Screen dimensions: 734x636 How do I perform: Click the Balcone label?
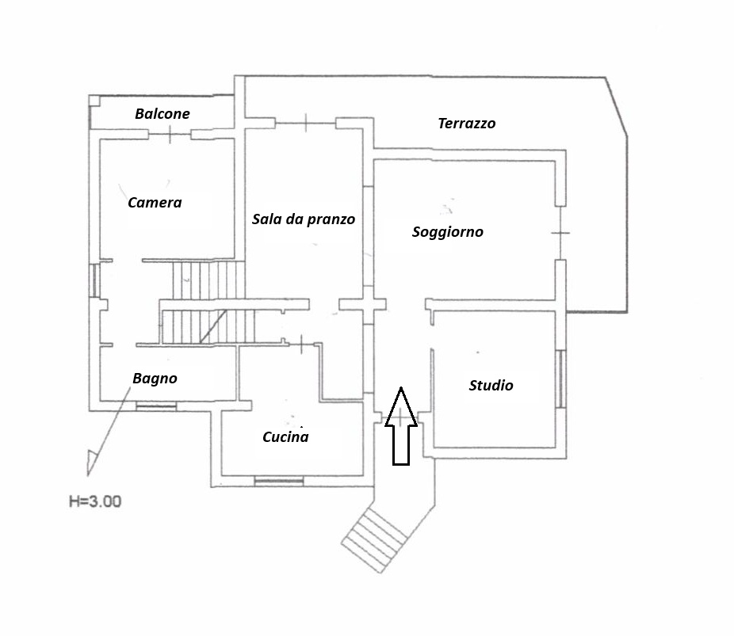click(162, 113)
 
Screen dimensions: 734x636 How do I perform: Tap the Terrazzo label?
click(467, 124)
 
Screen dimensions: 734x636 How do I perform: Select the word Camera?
click(155, 203)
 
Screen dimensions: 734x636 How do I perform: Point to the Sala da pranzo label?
click(304, 219)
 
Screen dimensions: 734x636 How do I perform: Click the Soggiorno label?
click(448, 232)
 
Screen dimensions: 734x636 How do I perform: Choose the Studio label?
click(491, 386)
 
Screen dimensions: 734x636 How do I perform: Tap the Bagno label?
click(155, 379)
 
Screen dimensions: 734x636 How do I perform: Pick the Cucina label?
click(285, 436)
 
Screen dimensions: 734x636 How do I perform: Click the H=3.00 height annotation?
click(95, 502)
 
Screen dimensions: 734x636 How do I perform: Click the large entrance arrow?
click(401, 426)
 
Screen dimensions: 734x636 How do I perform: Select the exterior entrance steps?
click(373, 540)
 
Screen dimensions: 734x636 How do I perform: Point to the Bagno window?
click(156, 406)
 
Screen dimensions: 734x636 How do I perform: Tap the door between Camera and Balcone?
click(170, 135)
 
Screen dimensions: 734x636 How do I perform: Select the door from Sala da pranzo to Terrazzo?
click(305, 123)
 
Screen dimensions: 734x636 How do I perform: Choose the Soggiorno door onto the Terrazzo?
click(560, 233)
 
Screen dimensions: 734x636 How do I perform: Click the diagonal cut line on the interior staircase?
click(213, 326)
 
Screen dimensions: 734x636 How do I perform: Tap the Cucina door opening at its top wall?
click(301, 345)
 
